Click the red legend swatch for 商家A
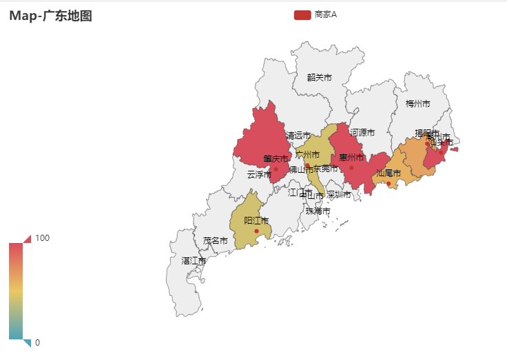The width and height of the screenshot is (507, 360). pos(302,14)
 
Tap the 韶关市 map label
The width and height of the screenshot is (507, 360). pos(320,78)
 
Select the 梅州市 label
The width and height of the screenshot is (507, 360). pos(417,104)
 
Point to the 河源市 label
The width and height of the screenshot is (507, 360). pos(362,132)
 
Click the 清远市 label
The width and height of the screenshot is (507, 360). pos(298,136)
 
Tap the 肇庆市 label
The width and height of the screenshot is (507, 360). pos(276,159)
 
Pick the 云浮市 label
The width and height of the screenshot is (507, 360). pos(259,175)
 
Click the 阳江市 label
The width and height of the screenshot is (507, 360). pos(256,221)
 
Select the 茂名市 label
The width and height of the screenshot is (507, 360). pos(215,241)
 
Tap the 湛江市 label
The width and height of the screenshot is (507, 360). pos(194,261)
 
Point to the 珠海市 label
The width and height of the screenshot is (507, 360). pos(318,211)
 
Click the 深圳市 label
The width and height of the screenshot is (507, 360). pos(339,195)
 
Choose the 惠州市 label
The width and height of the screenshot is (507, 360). pos(351,158)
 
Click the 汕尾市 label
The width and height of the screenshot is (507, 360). pos(389,173)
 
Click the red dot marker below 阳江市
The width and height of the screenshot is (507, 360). pos(256,231)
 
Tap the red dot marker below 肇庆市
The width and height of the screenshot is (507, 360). pos(276,169)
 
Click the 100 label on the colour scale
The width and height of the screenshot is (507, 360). pos(43,238)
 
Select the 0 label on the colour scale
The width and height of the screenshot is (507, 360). pos(38,343)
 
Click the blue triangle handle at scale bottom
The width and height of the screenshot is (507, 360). pos(28,343)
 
